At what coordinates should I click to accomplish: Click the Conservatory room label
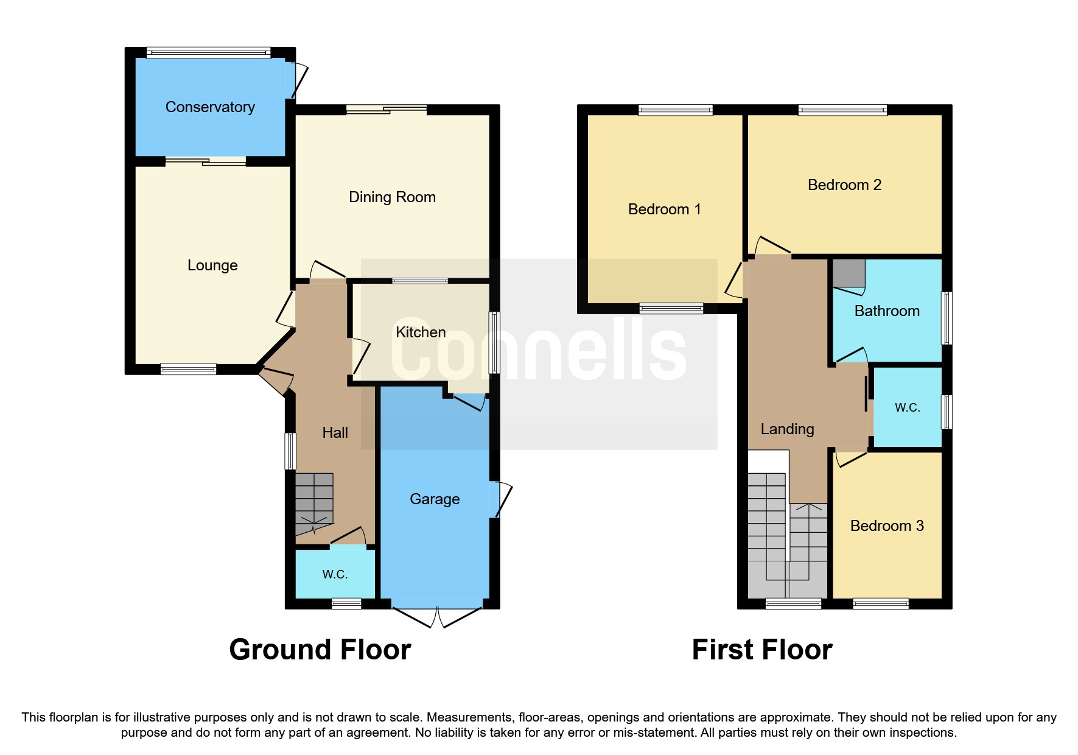click(210, 107)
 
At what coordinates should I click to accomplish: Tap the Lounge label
click(212, 265)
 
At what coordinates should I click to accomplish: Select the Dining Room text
click(392, 197)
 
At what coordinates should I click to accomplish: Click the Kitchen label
click(421, 332)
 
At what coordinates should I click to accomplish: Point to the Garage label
click(435, 499)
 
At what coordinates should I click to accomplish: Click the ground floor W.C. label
click(335, 574)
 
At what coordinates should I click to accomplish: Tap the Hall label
click(335, 433)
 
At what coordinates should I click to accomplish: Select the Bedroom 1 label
click(664, 209)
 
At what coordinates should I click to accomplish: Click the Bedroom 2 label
click(844, 185)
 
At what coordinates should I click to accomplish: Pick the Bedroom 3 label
click(887, 526)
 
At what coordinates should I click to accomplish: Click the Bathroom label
click(887, 311)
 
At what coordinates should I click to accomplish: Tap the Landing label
click(787, 429)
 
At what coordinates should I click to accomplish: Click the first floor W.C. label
click(907, 408)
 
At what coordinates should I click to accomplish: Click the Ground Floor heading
click(320, 650)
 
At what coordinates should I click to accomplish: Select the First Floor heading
click(762, 650)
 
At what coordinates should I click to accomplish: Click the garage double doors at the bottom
click(437, 616)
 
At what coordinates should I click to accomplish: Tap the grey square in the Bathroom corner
click(849, 273)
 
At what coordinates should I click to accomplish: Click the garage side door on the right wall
click(502, 500)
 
